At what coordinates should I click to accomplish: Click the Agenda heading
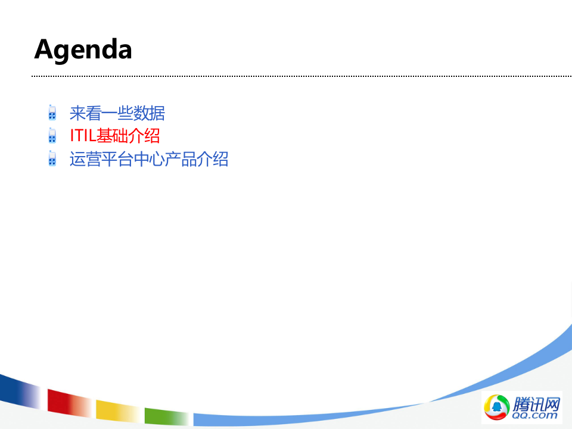[x=83, y=49]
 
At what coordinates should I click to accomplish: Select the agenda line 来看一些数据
[x=117, y=113]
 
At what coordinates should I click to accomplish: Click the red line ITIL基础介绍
[x=114, y=136]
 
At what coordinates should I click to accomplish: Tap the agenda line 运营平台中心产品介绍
[x=149, y=159]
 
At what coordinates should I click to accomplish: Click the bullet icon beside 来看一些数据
[x=52, y=113]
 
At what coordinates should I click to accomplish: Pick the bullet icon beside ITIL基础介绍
[x=52, y=136]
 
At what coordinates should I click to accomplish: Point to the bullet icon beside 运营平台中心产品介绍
[x=52, y=159]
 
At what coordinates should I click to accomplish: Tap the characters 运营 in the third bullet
[x=85, y=159]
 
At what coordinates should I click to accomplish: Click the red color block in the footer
[x=66, y=402]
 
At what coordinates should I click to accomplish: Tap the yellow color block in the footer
[x=113, y=411]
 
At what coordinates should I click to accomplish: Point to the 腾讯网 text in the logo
[x=536, y=403]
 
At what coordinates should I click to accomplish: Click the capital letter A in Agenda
[x=44, y=49]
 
